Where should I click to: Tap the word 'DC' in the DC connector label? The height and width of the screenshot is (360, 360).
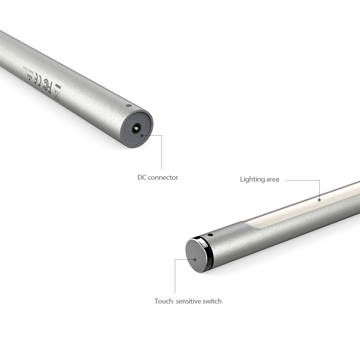142,177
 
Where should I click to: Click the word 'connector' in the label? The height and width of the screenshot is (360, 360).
163,177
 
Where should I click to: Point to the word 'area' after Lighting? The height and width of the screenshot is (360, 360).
273,179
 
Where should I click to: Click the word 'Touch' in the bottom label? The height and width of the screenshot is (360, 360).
164,301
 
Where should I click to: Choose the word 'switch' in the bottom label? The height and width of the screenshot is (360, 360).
212,301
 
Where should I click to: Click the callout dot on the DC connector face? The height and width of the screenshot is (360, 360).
142,136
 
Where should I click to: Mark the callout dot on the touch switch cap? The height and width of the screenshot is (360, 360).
195,259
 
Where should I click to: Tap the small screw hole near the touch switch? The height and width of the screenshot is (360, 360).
210,235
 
